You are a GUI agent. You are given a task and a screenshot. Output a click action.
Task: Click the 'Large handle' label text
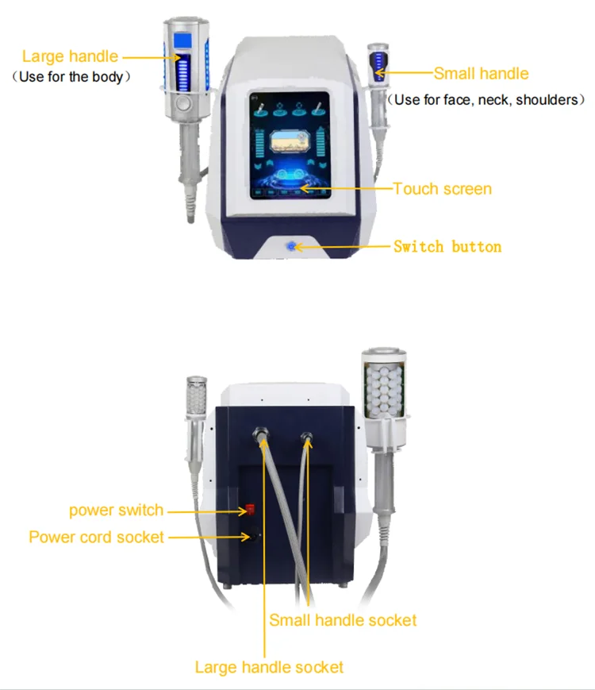(70, 56)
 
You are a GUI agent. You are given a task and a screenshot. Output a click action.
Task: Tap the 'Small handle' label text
(481, 74)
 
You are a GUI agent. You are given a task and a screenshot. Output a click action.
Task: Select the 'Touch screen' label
(443, 189)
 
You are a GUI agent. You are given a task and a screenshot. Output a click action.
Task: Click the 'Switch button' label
(447, 246)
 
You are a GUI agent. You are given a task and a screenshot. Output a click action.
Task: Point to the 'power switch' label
(116, 510)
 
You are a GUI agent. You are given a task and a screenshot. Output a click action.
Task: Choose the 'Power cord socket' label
(97, 537)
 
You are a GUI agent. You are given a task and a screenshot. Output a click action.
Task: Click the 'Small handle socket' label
(343, 620)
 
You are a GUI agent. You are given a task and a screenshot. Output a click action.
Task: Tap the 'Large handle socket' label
(270, 667)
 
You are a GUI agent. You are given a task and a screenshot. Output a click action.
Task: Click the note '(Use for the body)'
(70, 78)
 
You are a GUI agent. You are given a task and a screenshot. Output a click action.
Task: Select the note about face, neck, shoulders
(486, 100)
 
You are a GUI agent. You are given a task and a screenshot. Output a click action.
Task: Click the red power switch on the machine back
(249, 509)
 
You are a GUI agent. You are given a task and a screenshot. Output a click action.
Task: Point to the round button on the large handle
(184, 103)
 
